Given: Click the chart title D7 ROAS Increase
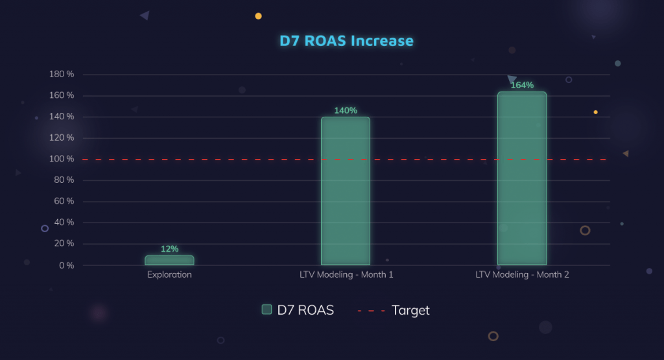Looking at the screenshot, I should [x=346, y=41].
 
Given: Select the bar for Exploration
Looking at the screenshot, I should [x=169, y=260].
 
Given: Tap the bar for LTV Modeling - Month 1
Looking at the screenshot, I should [x=346, y=191].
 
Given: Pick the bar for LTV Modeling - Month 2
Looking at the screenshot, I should [x=522, y=178].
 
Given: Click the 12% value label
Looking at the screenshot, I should [x=169, y=249].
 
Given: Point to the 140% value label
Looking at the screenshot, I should [x=346, y=110].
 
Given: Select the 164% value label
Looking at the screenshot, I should [x=522, y=85].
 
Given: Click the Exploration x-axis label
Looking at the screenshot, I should [x=169, y=274].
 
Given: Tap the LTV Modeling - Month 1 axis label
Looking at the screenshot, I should [x=346, y=274].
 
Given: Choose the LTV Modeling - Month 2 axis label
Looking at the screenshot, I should [x=522, y=274].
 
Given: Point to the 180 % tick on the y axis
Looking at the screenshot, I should [x=62, y=75].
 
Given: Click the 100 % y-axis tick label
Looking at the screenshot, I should [x=62, y=159].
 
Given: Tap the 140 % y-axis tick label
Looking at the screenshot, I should [x=62, y=117].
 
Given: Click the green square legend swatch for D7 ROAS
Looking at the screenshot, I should [x=267, y=310].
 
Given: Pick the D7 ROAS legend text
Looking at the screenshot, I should [x=305, y=310].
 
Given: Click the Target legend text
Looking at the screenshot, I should [x=410, y=310].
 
